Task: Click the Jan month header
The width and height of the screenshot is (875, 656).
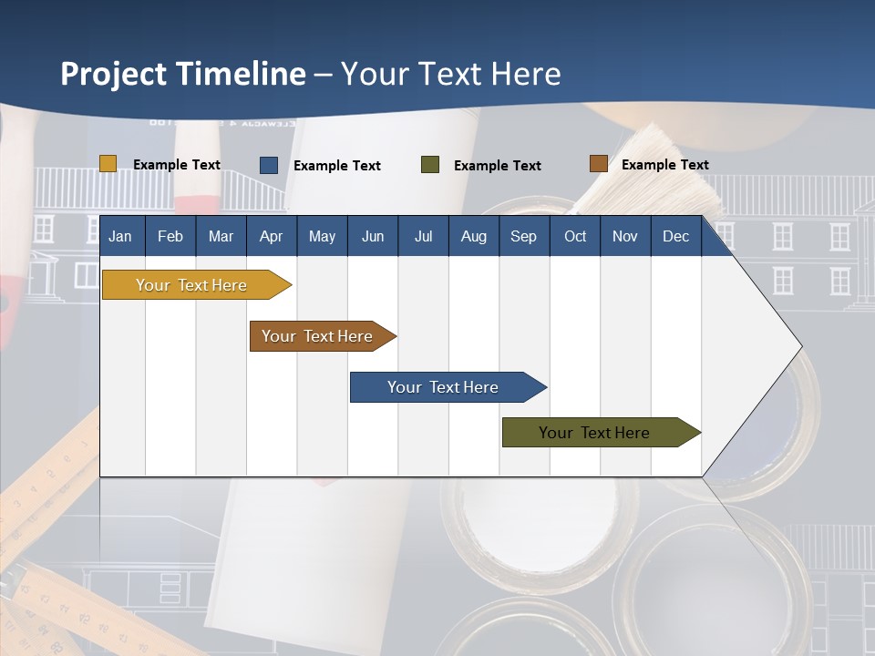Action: pyautogui.click(x=120, y=237)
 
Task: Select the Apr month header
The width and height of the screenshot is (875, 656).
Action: pyautogui.click(x=271, y=237)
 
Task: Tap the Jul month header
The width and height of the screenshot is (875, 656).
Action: pyautogui.click(x=423, y=237)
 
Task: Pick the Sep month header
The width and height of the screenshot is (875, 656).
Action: pyautogui.click(x=523, y=237)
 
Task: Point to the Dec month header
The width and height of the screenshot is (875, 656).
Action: pyautogui.click(x=675, y=237)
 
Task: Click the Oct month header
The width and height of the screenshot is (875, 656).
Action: pyautogui.click(x=575, y=237)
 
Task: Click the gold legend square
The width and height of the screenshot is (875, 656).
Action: pyautogui.click(x=108, y=164)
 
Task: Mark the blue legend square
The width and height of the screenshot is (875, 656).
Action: pyautogui.click(x=269, y=165)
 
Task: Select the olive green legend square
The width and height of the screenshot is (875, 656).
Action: pyautogui.click(x=430, y=165)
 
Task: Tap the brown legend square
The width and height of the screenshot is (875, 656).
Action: pyautogui.click(x=598, y=164)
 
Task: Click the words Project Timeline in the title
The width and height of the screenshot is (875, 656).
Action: pyautogui.click(x=183, y=74)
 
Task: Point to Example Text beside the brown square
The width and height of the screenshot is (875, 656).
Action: pyautogui.click(x=664, y=165)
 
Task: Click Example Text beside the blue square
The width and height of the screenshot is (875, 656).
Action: pyautogui.click(x=336, y=166)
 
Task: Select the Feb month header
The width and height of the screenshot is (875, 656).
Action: pyautogui.click(x=170, y=237)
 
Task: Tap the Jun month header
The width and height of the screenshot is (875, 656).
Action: pyautogui.click(x=373, y=237)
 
